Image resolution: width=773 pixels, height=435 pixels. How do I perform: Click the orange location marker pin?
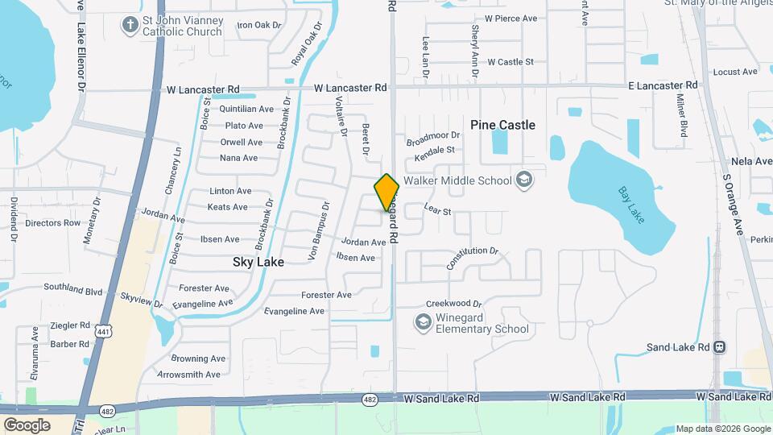click(x=386, y=191)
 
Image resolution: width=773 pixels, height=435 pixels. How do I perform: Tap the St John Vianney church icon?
click(x=130, y=24)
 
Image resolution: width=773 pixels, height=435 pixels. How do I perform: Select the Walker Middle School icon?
click(x=524, y=180)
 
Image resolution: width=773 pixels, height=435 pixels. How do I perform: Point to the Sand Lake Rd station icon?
click(x=720, y=347)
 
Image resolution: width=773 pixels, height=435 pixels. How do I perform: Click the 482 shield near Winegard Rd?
click(x=370, y=399)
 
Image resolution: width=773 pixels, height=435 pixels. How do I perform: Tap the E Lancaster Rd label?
click(x=662, y=85)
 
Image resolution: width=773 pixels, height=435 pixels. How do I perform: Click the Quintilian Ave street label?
click(x=247, y=109)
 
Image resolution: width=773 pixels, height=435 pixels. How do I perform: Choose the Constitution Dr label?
click(x=473, y=258)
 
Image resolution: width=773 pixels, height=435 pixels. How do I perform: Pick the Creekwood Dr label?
click(x=454, y=304)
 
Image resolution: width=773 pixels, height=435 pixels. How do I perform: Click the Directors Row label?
click(x=53, y=223)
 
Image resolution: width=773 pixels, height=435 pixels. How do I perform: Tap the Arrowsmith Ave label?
click(x=188, y=375)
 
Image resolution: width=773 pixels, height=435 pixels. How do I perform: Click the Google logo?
click(x=27, y=425)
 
